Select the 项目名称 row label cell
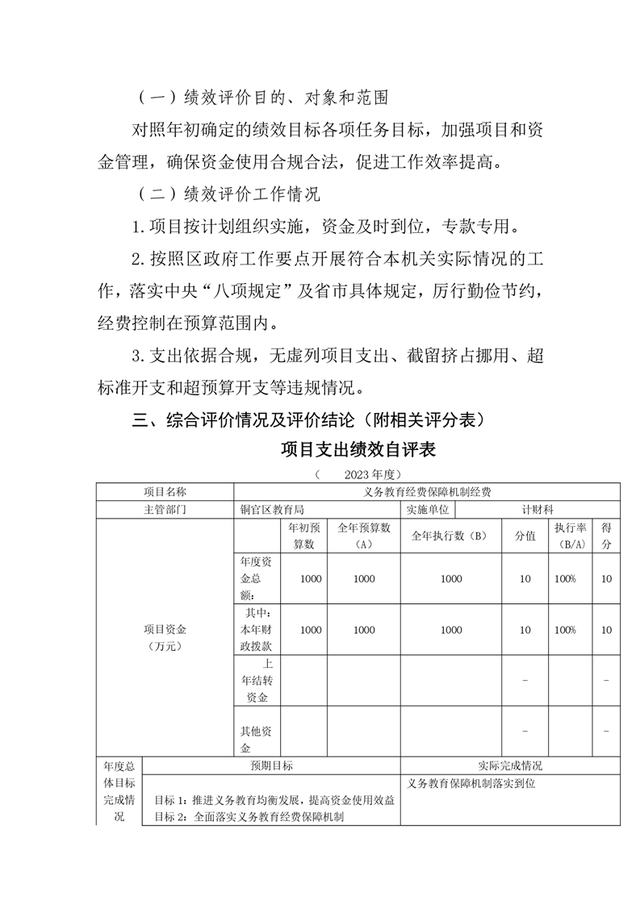tap(165, 491)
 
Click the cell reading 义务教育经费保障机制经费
tap(428, 491)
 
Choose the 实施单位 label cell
tap(428, 510)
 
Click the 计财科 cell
tap(538, 510)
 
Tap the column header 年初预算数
tap(303, 536)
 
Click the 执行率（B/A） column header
tap(570, 536)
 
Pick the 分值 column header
tap(525, 536)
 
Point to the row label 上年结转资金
tap(257, 680)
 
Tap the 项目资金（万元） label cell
tap(165, 637)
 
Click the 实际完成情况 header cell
tap(510, 766)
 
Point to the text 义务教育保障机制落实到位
tap(471, 782)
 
